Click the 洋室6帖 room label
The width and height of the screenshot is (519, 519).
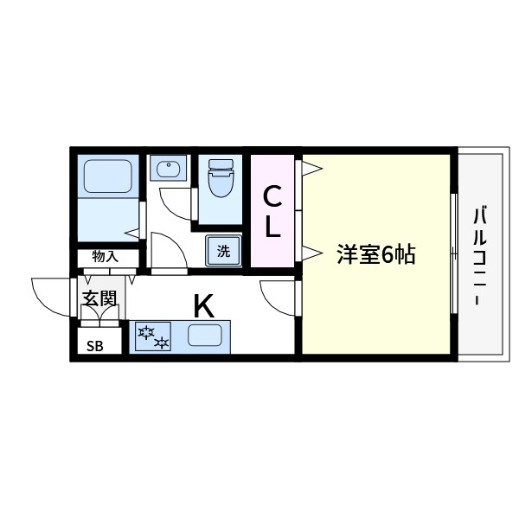coord(377,254)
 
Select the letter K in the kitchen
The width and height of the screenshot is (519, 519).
coord(203,305)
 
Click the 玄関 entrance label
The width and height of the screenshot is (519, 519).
coord(99,298)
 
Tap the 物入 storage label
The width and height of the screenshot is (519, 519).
coord(106,257)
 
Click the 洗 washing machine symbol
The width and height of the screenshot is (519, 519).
coord(223,252)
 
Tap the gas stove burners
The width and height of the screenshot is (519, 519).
coord(152,336)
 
